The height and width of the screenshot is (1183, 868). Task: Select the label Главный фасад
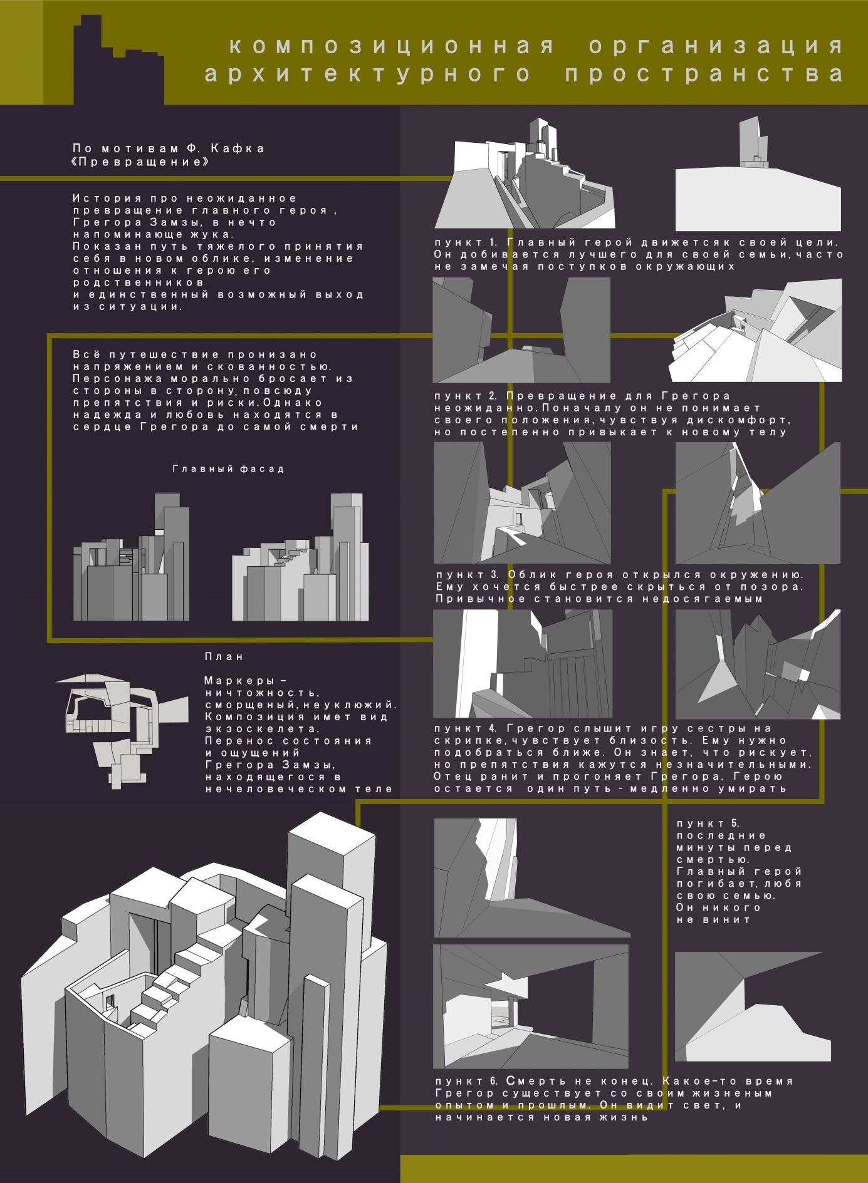(228, 468)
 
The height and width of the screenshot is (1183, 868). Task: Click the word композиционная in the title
(392, 46)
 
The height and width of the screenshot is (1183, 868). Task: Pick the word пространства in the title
(704, 74)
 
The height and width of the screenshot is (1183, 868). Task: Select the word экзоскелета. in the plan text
(263, 729)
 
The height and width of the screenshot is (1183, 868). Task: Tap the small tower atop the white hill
(753, 142)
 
